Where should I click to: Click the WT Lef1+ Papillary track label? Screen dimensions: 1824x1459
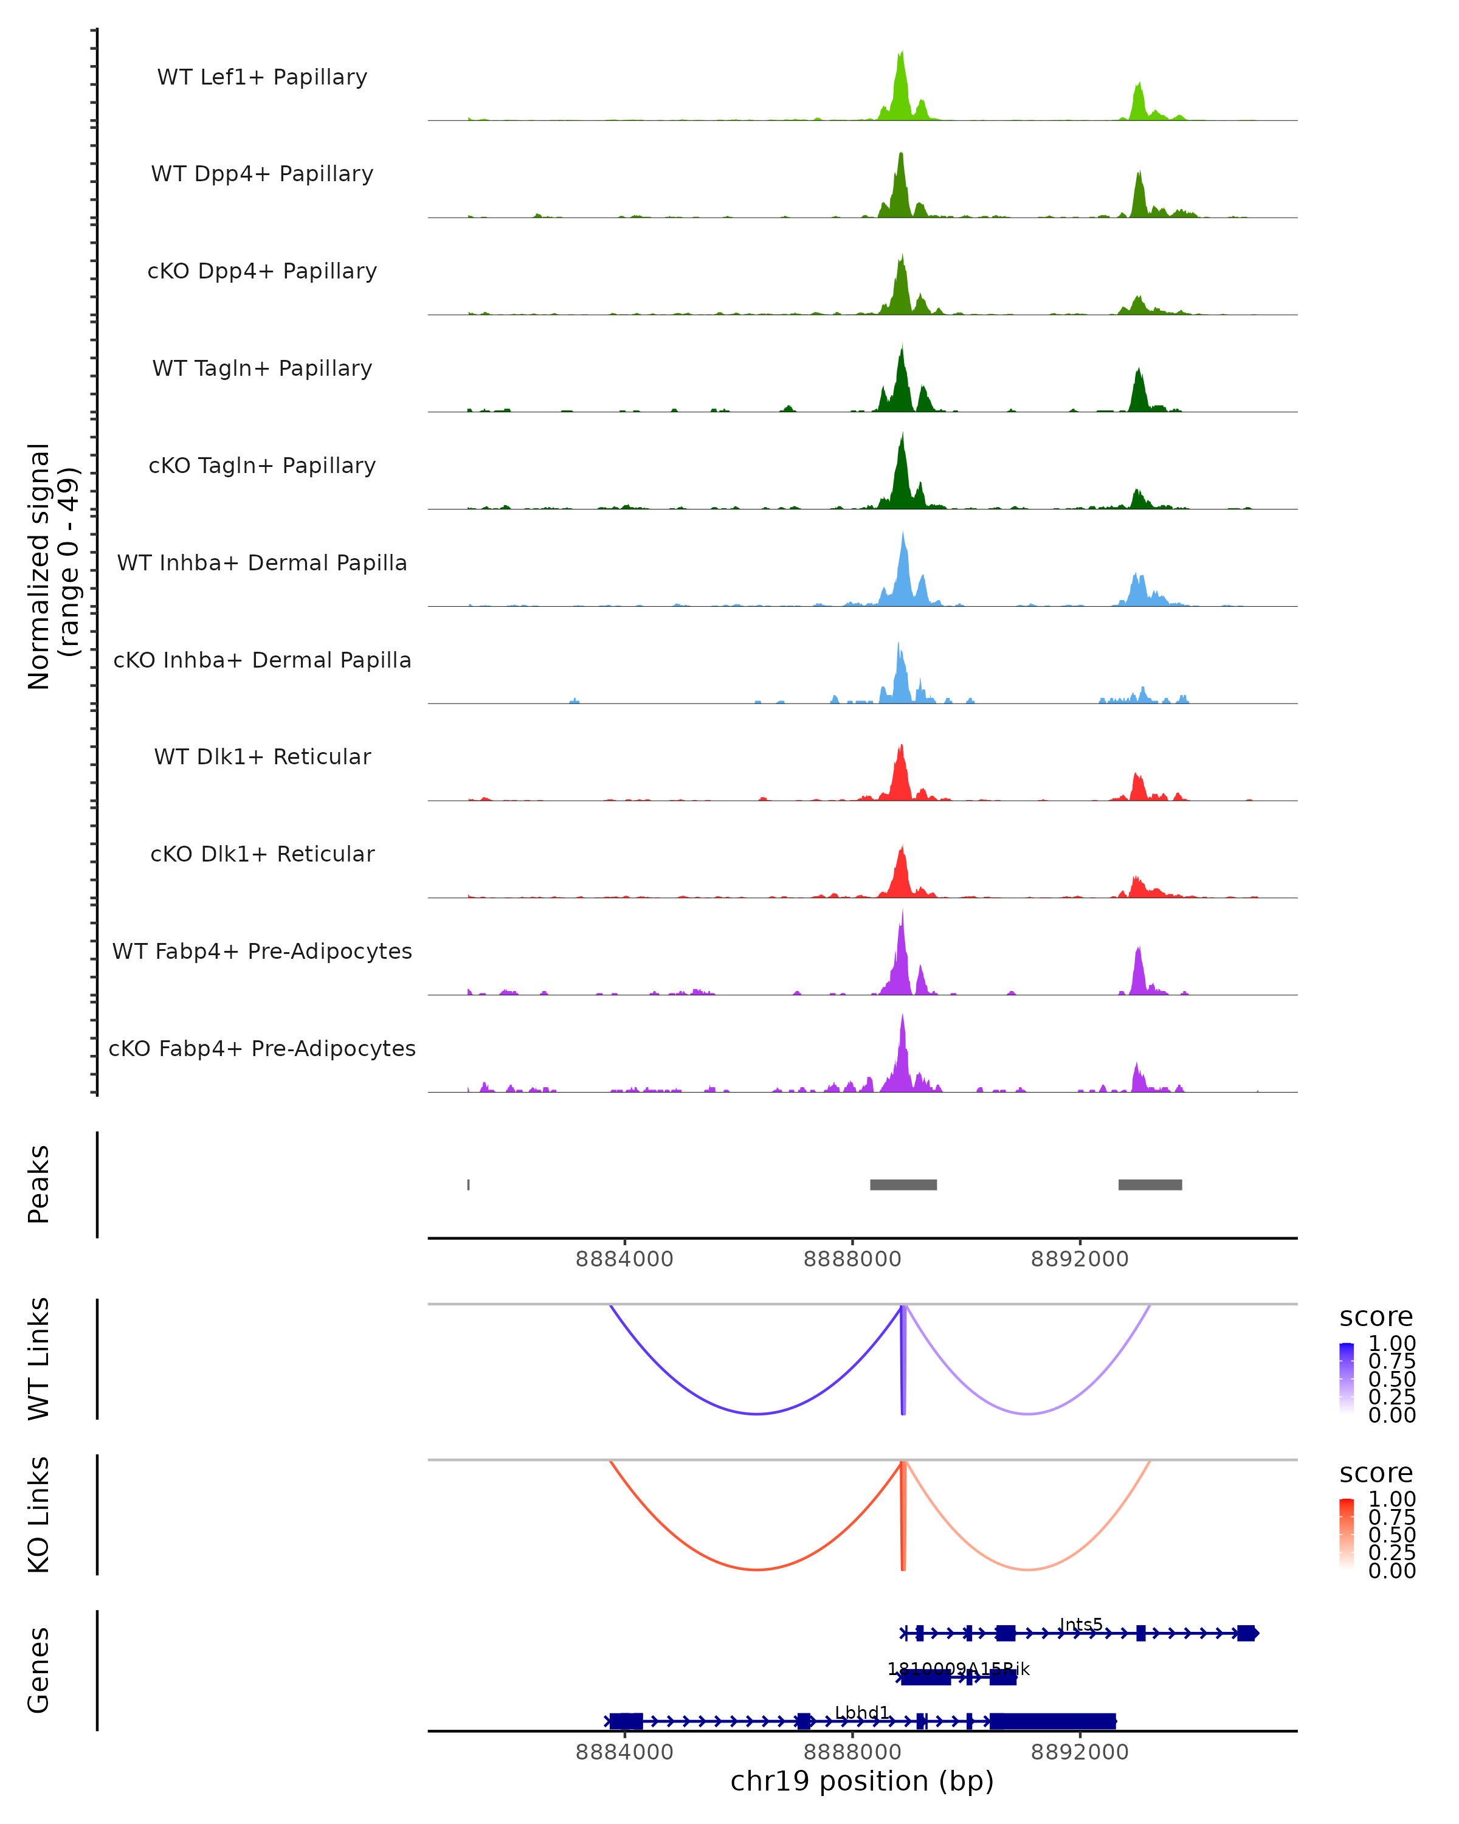tap(262, 77)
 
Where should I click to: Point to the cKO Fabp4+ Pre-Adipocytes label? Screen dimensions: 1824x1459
tap(262, 1048)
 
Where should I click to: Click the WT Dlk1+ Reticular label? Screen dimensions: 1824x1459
tap(262, 756)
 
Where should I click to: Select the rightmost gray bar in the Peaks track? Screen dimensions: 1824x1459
tap(1150, 1184)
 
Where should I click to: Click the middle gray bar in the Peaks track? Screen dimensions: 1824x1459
tap(903, 1184)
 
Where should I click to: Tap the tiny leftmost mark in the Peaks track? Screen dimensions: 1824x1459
tap(469, 1184)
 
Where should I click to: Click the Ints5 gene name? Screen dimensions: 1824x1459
tap(1081, 1625)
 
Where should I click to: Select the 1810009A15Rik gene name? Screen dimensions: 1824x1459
tap(958, 1668)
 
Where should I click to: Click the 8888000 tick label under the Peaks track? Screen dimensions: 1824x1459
tap(852, 1259)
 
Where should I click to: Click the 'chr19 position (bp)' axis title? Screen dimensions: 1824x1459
tap(862, 1781)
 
